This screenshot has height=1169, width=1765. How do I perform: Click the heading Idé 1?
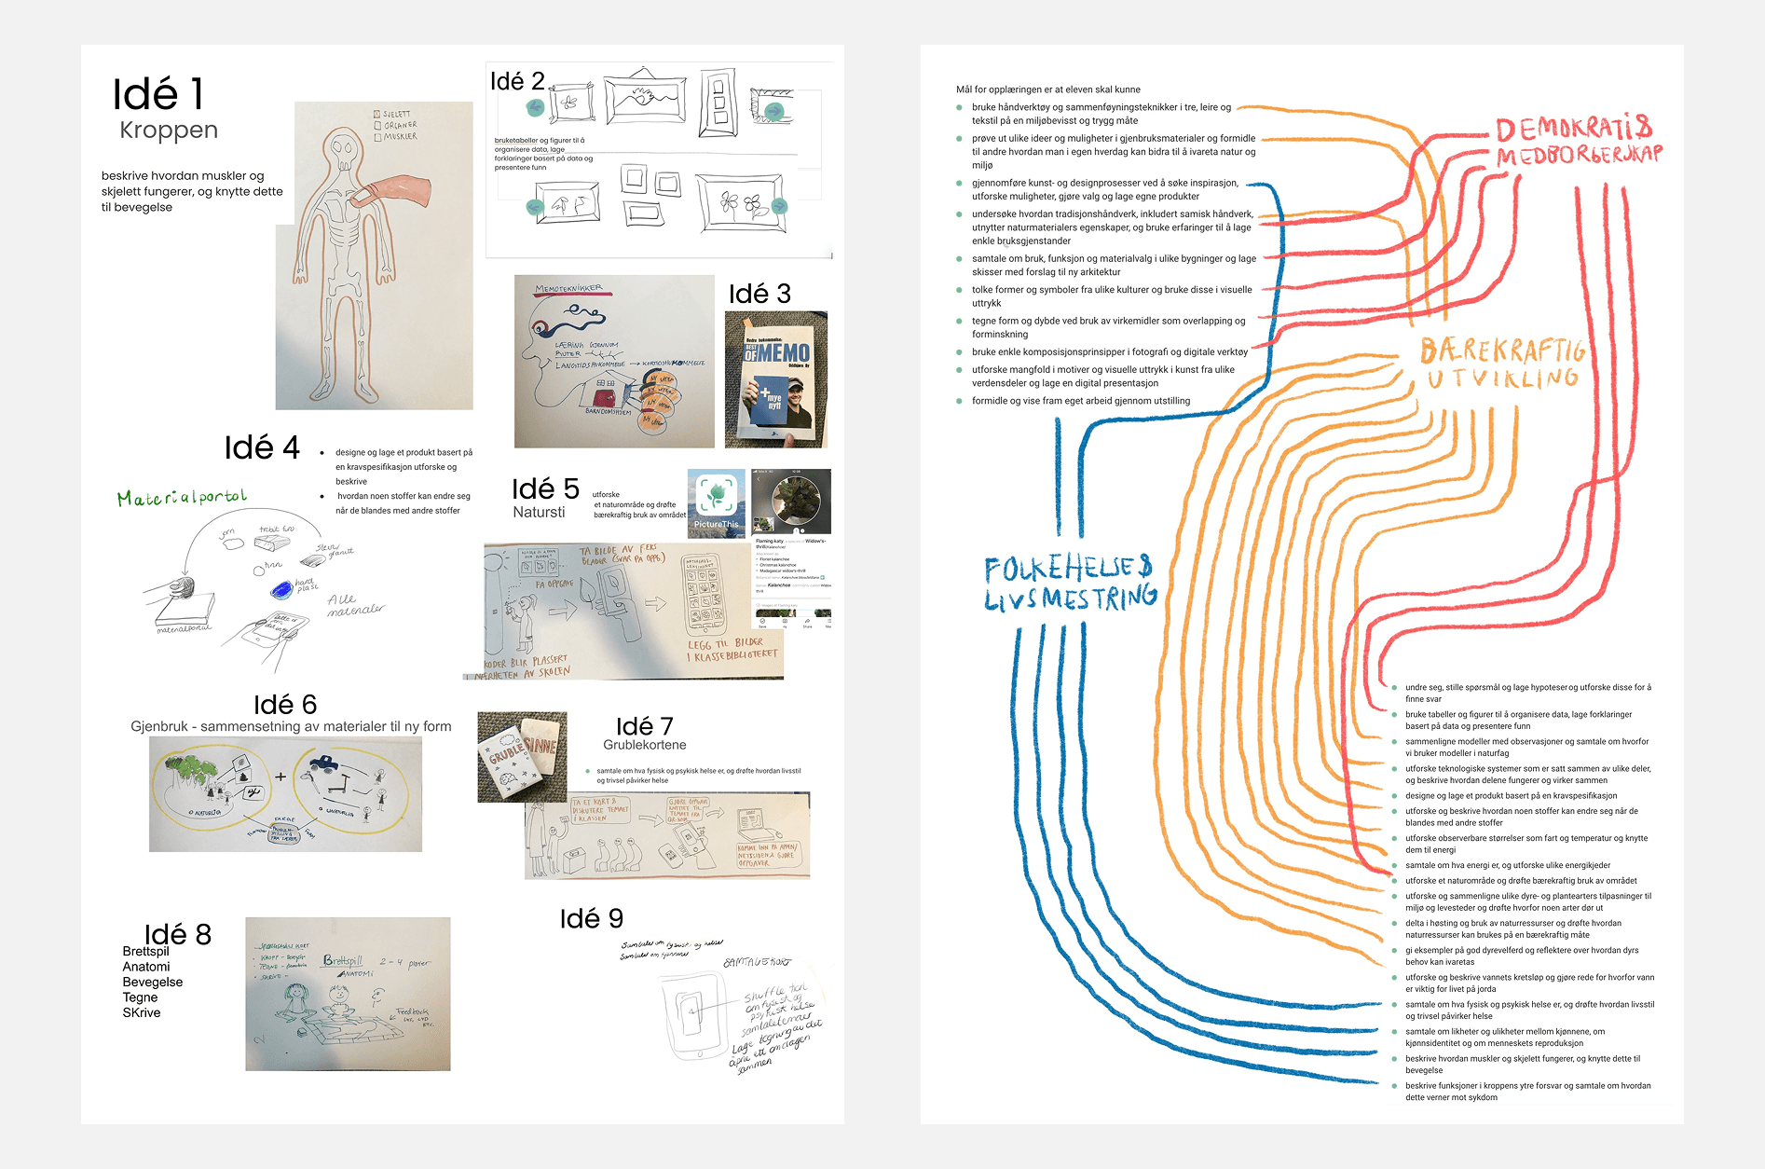(157, 95)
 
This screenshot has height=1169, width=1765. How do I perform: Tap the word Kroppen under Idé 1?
(169, 131)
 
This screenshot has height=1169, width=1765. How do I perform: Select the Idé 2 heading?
(517, 81)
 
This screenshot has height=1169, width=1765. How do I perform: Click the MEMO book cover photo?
(775, 379)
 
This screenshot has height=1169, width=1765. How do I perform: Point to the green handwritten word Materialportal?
(183, 498)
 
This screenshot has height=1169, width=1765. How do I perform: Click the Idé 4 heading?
(262, 448)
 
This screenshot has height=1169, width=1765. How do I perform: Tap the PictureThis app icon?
(716, 502)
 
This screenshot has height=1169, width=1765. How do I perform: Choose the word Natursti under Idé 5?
(539, 512)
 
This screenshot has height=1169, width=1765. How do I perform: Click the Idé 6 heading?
(285, 705)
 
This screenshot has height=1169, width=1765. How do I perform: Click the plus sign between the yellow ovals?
(280, 776)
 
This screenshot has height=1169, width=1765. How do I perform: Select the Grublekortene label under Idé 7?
(644, 745)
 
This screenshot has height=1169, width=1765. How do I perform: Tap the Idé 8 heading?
(178, 934)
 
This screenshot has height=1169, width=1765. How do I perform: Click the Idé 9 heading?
(591, 919)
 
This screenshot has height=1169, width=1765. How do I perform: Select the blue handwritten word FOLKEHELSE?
(1068, 567)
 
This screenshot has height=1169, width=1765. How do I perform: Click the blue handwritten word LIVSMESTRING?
(1071, 598)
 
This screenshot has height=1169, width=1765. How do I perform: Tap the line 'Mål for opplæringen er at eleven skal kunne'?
(1047, 89)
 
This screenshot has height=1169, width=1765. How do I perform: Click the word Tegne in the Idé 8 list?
(140, 997)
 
